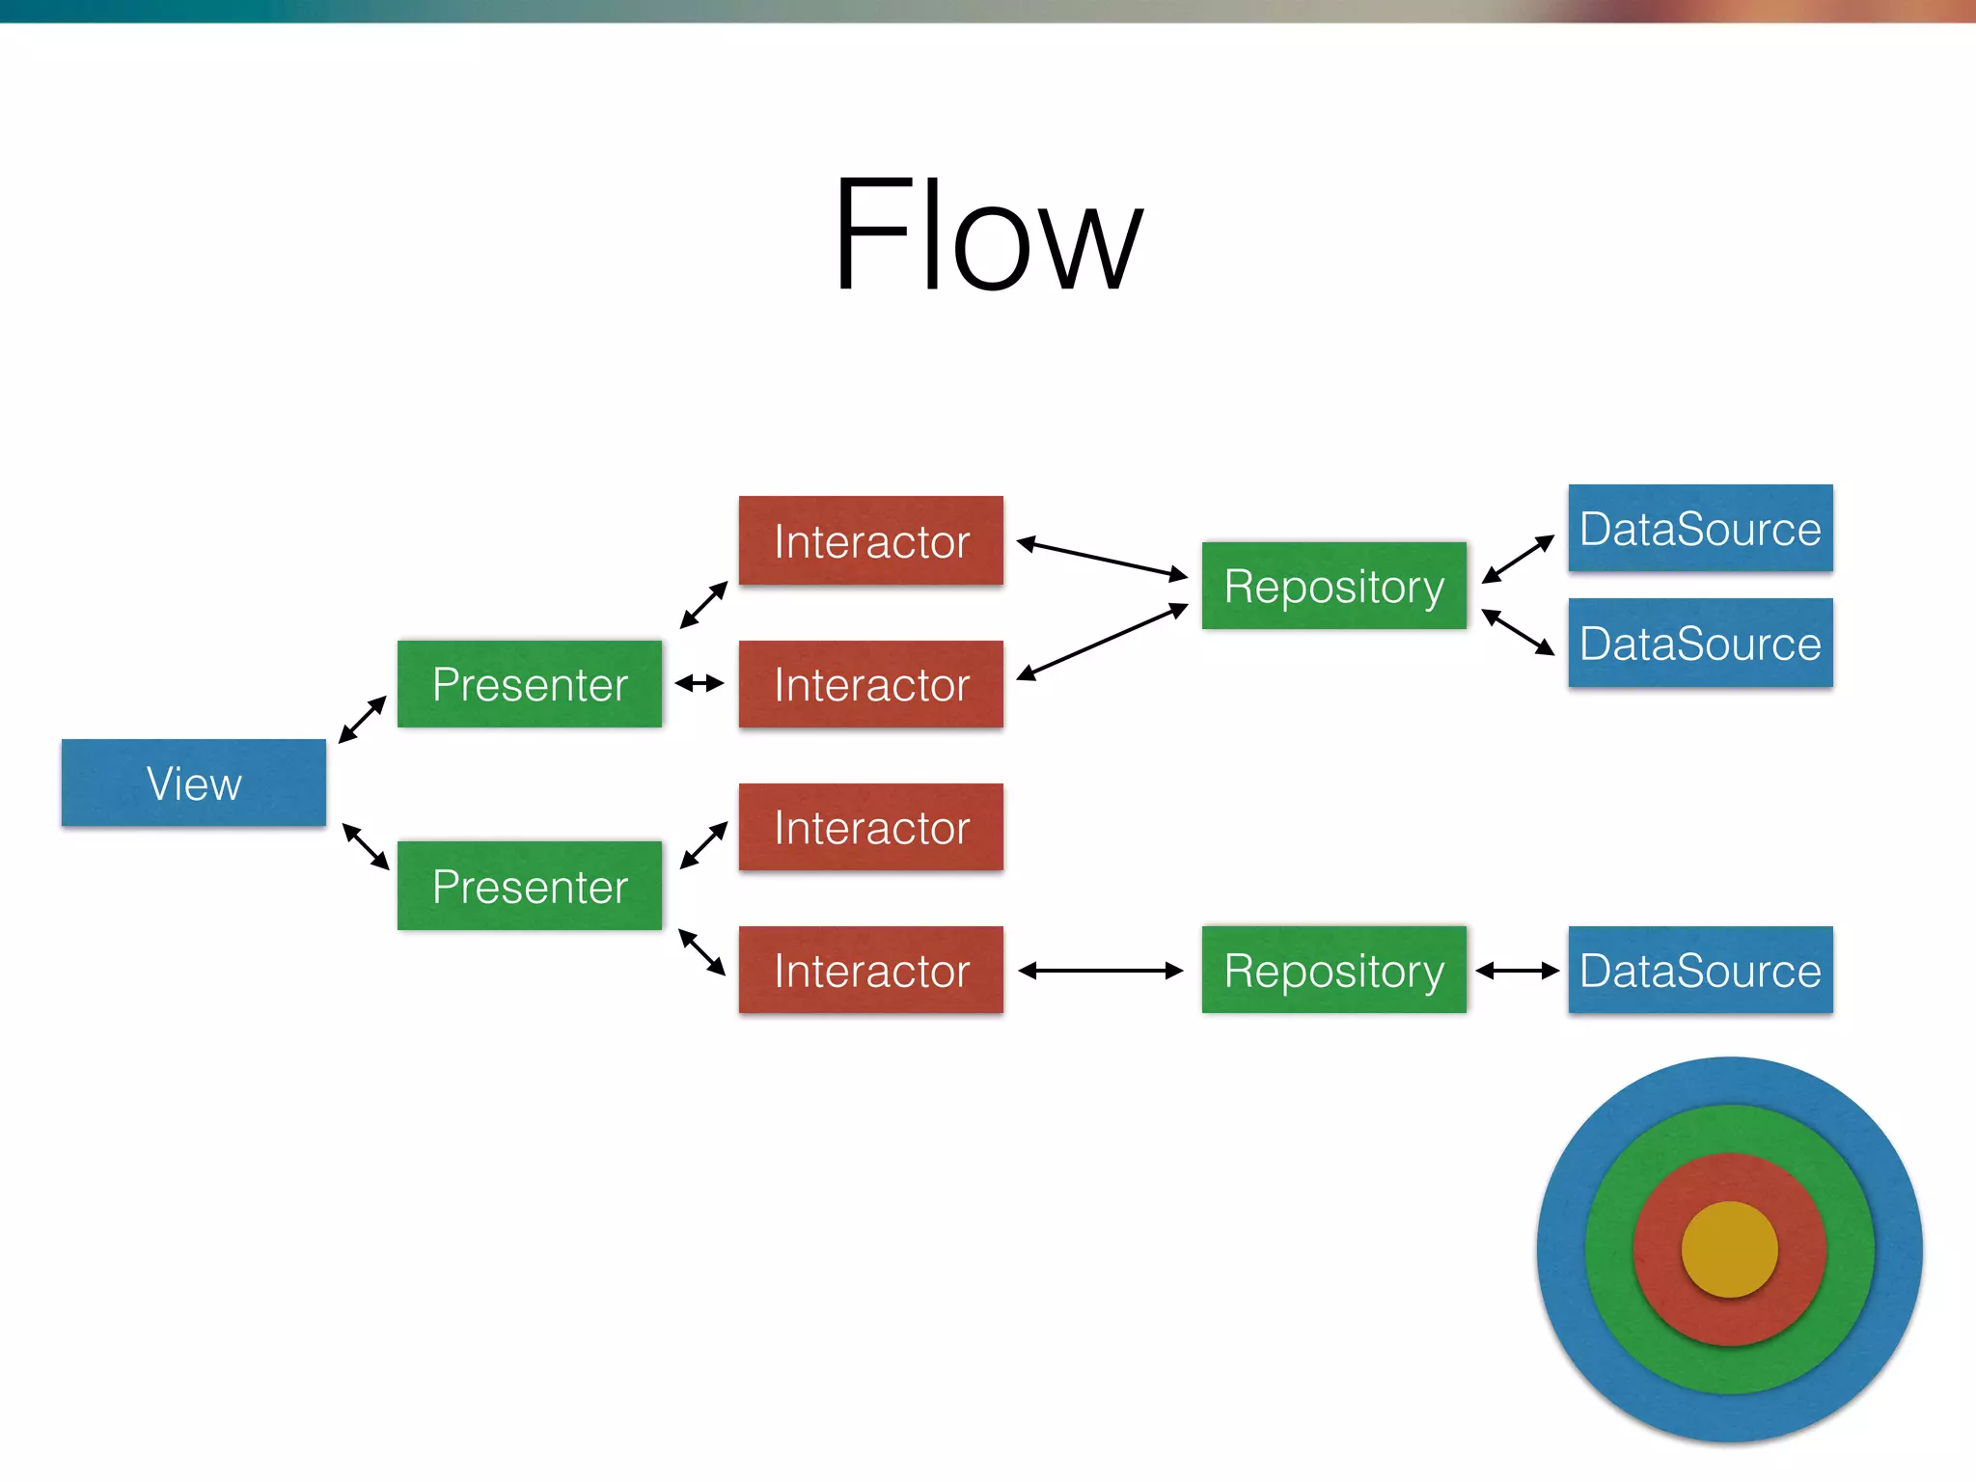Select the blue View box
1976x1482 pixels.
click(194, 782)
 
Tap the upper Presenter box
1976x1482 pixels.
click(530, 684)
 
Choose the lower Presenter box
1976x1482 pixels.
click(530, 886)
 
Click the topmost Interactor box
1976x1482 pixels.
click(870, 540)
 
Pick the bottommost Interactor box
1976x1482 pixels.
click(870, 970)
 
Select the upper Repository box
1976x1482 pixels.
click(1333, 586)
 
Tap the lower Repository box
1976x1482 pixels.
click(1333, 970)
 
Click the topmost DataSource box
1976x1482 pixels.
click(1700, 529)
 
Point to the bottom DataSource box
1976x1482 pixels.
click(1700, 970)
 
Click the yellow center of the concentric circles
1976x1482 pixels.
click(1729, 1249)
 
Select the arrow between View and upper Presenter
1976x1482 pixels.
click(363, 720)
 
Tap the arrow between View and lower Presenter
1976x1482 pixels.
click(366, 846)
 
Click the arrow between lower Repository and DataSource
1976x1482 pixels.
click(1518, 971)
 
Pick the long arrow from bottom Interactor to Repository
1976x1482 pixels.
click(1101, 971)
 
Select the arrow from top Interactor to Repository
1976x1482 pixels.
click(1102, 559)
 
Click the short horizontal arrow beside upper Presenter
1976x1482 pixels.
click(700, 684)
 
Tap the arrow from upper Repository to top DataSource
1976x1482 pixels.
click(1518, 559)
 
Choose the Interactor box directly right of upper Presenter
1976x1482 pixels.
click(870, 684)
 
